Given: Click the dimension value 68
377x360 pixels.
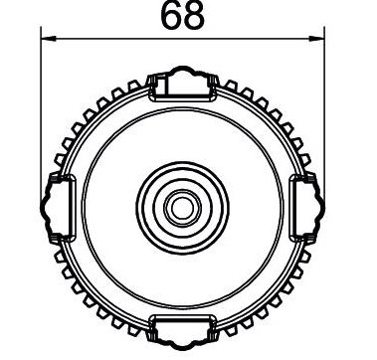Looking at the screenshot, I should tap(181, 17).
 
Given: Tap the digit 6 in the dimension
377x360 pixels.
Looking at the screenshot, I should tap(169, 17).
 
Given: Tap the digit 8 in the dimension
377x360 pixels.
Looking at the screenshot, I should tap(193, 17).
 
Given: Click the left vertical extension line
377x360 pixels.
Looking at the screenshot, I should tap(41, 109).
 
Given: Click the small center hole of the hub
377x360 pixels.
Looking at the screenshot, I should tap(181, 207).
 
